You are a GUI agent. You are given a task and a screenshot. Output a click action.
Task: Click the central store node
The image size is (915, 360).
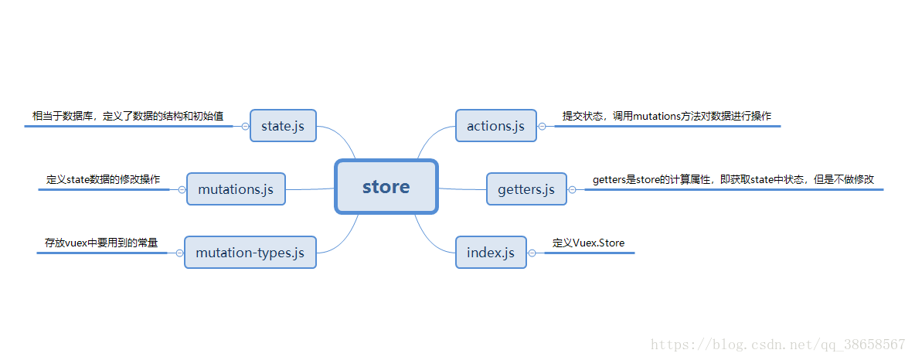tap(386, 186)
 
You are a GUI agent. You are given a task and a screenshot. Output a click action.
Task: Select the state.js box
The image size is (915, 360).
tap(283, 126)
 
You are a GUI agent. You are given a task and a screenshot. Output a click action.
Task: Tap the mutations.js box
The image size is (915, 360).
tap(236, 189)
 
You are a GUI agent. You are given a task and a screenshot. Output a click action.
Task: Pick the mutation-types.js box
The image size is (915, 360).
tap(250, 253)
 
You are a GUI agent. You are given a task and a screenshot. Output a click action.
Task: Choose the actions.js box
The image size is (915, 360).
tap(495, 126)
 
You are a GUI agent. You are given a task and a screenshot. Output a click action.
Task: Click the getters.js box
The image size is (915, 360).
tap(526, 189)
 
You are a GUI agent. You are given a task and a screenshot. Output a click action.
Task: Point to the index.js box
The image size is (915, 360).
tap(491, 253)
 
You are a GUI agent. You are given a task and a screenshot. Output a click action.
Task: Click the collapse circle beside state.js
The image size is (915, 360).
tap(245, 126)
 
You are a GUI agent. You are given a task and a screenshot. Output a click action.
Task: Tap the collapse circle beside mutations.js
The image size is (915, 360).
tap(182, 189)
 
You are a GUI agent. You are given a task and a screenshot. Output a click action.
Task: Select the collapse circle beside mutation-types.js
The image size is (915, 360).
tap(179, 253)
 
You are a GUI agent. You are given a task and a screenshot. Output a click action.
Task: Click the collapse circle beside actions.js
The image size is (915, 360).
tap(542, 126)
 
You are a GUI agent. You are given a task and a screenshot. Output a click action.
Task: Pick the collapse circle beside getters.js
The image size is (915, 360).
tap(572, 189)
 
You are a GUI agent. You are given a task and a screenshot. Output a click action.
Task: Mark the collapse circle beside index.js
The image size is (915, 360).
tap(532, 253)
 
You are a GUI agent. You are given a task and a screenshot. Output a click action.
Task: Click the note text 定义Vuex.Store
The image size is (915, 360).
tap(588, 243)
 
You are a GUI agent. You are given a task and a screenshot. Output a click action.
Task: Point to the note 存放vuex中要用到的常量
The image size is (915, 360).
tap(101, 243)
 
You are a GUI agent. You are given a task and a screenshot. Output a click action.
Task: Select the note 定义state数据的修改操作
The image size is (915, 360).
tap(104, 179)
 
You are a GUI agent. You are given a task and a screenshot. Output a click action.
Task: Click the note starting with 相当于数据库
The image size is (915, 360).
tap(128, 116)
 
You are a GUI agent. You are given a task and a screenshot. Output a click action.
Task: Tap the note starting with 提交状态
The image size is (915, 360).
tap(666, 116)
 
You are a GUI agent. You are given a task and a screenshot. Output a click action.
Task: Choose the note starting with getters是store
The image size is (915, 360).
tap(733, 179)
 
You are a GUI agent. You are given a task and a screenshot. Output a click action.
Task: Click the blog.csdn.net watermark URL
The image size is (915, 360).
tap(777, 345)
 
